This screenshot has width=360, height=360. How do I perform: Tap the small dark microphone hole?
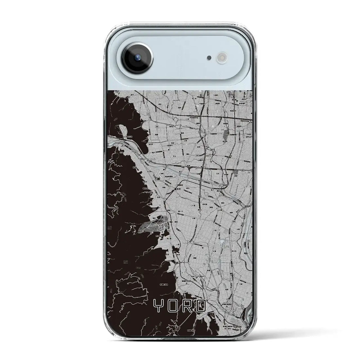point(209,58)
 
